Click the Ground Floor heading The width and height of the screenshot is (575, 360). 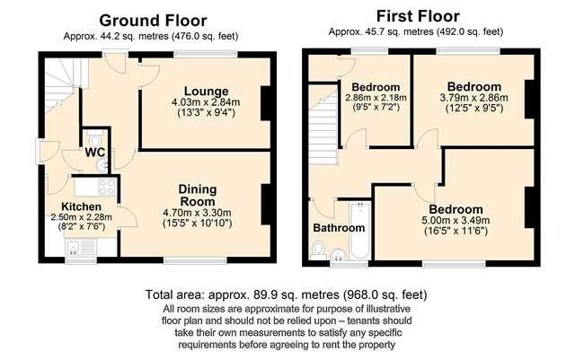coord(153,21)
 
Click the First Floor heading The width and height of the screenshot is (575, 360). coord(418,16)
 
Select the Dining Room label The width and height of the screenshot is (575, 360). coord(198,196)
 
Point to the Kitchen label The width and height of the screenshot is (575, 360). coord(81,206)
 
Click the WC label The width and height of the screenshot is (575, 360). coord(95,153)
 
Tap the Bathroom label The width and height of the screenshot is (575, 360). coord(339,228)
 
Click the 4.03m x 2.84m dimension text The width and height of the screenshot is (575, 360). coord(206,102)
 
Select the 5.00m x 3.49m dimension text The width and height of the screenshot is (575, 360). coord(456,220)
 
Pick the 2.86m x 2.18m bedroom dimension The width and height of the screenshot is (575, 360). coord(376,98)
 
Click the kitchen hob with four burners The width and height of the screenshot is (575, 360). coord(107,187)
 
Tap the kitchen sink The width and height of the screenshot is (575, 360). coord(81,247)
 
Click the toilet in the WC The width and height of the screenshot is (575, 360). coord(95,139)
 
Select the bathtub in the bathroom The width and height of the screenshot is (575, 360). coord(359,231)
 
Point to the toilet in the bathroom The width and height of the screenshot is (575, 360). coord(318,250)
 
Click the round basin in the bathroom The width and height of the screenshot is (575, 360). coord(339,254)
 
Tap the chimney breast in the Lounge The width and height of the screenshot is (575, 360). coord(266,103)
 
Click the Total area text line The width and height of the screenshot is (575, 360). coord(286,294)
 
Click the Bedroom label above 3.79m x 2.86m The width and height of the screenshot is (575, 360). coord(474,87)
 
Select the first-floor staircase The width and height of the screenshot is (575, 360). coord(323,125)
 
